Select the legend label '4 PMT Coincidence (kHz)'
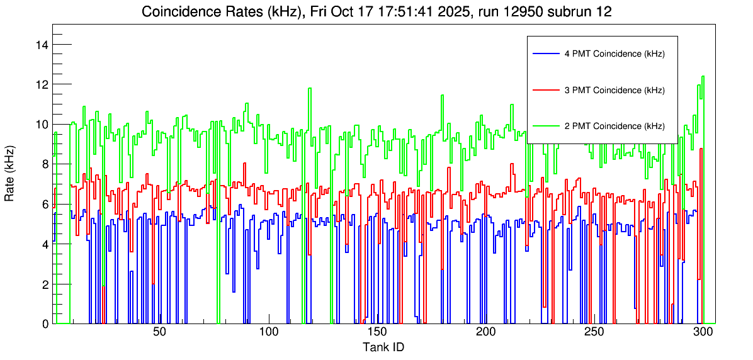tap(614, 54)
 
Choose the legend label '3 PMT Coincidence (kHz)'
tap(614, 90)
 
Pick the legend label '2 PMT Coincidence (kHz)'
tap(614, 126)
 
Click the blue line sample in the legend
tap(546, 54)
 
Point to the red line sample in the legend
tap(546, 90)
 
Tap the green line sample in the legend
tap(546, 126)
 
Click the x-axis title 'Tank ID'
tap(383, 347)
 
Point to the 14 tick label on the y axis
tap(43, 45)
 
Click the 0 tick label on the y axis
tap(45, 324)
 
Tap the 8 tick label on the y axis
tap(45, 164)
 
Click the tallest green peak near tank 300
tap(703, 77)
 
